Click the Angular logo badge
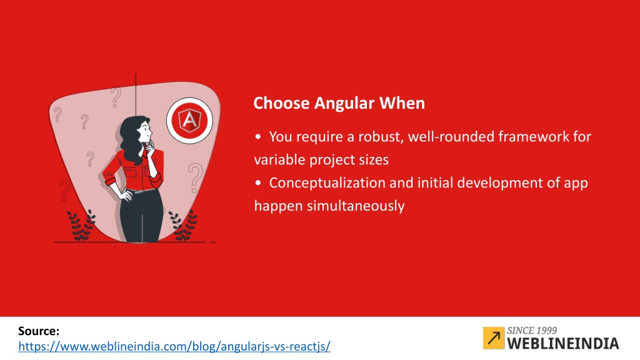point(189,121)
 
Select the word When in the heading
point(402,103)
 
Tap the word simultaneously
point(356,206)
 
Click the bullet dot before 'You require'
point(258,137)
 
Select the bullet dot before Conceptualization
point(258,183)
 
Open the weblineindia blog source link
point(174,346)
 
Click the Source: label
point(39,331)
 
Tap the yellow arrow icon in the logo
point(494,338)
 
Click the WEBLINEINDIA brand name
point(563,343)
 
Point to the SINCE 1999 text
point(532,331)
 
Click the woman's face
point(145,131)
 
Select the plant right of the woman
point(183,226)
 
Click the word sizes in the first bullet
point(374,160)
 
